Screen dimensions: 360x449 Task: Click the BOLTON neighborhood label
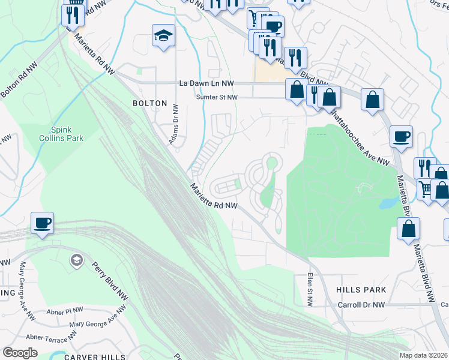149,103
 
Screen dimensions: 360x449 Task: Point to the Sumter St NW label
217,97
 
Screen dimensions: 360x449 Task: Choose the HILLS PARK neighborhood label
361,290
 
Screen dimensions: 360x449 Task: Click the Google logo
20,352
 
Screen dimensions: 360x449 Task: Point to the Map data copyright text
423,355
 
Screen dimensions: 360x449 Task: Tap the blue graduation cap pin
163,36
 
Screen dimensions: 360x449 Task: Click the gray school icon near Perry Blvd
76,260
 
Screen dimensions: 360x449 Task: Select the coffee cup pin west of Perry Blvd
42,224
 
